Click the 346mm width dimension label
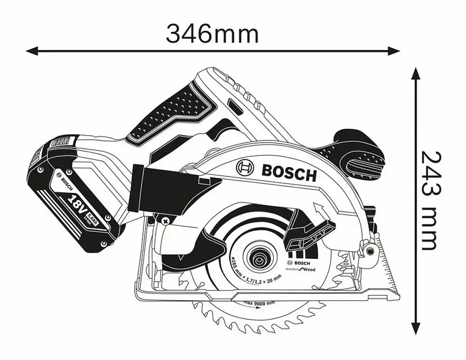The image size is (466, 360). (212, 34)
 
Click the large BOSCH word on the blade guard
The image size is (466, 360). (289, 172)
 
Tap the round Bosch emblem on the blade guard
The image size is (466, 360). (245, 169)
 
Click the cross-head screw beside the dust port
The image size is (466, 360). (166, 222)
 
